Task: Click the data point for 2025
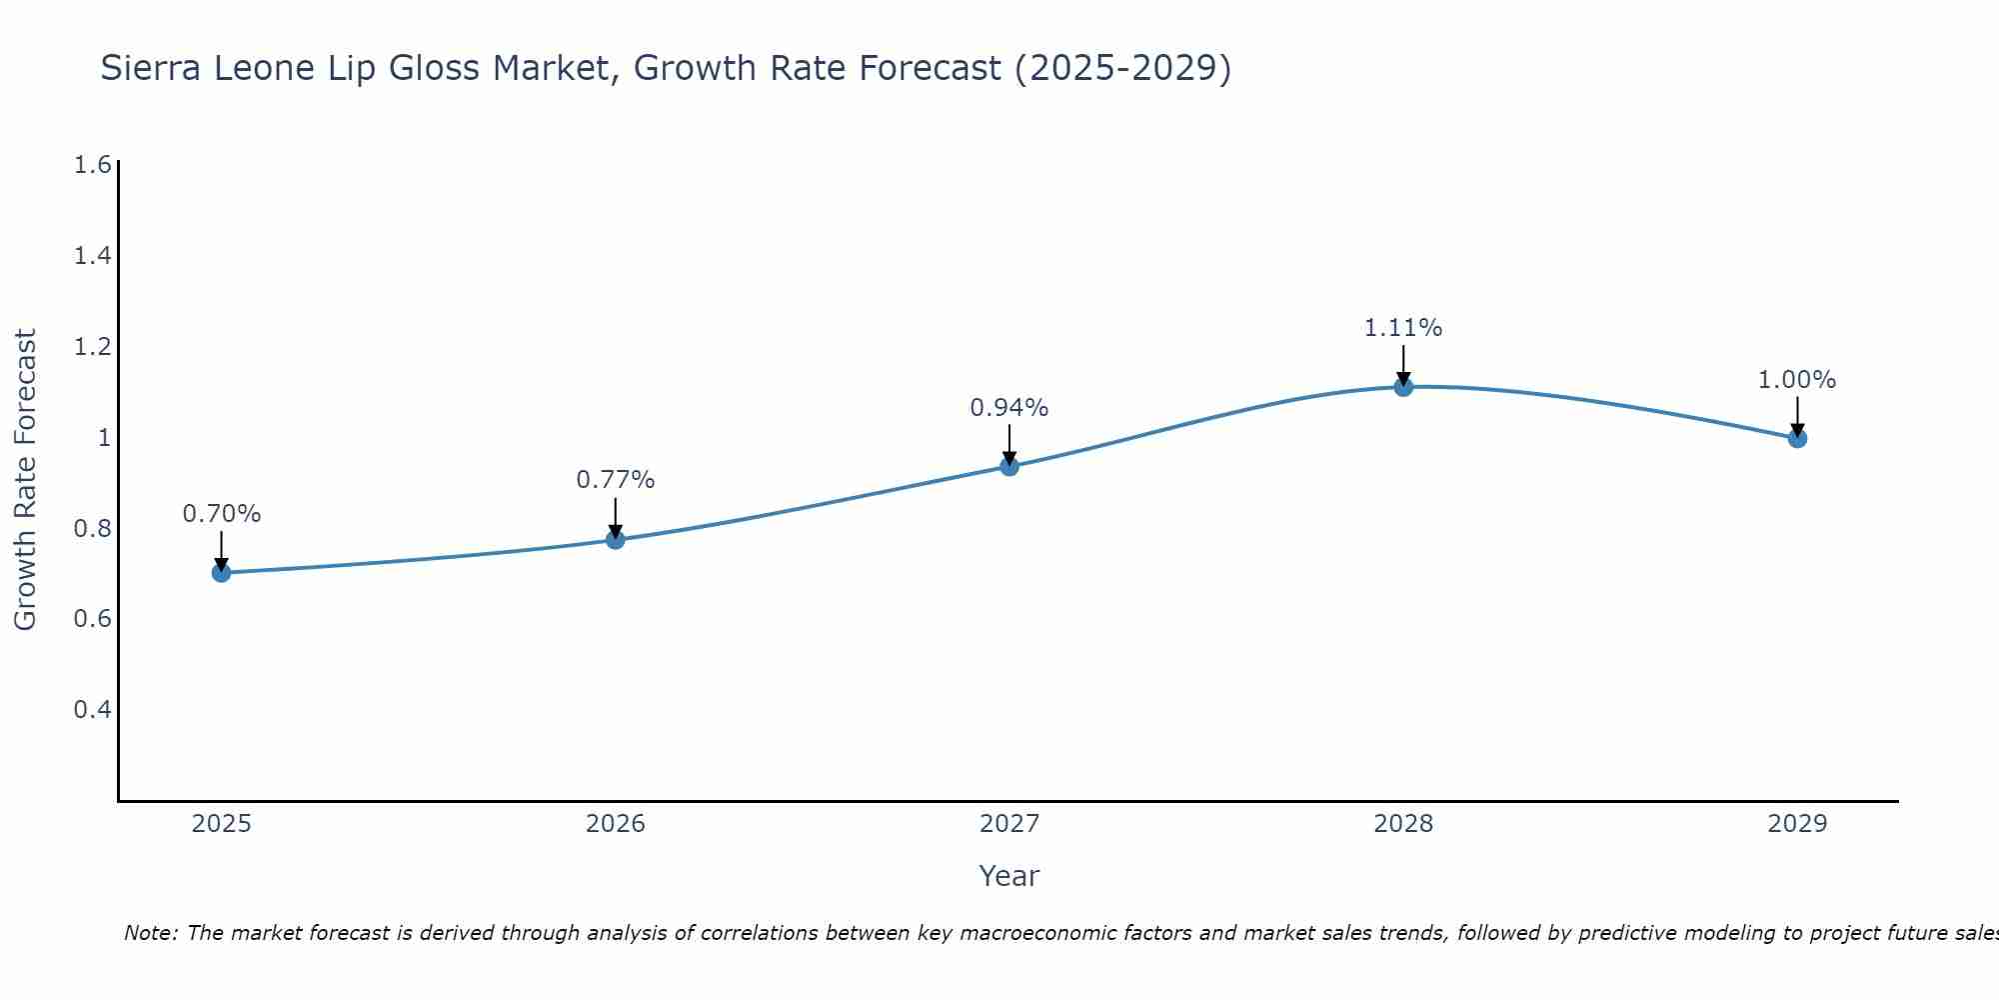(x=221, y=573)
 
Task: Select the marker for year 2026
(x=616, y=540)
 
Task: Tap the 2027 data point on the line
(x=1009, y=466)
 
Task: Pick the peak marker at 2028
(x=1403, y=387)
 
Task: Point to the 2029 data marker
(x=1797, y=438)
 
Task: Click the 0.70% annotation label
(x=221, y=514)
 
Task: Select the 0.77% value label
(x=616, y=480)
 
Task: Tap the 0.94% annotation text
(x=1009, y=408)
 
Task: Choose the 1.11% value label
(x=1403, y=328)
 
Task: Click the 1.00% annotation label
(x=1797, y=380)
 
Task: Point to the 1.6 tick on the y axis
(x=92, y=165)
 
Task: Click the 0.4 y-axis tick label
(x=92, y=710)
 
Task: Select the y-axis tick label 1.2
(x=92, y=347)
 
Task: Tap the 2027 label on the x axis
(x=1009, y=824)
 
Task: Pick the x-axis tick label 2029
(x=1797, y=824)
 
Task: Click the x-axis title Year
(x=1009, y=876)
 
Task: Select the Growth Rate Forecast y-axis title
(x=25, y=480)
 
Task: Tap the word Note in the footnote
(x=150, y=933)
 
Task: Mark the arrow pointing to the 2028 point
(x=1403, y=364)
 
